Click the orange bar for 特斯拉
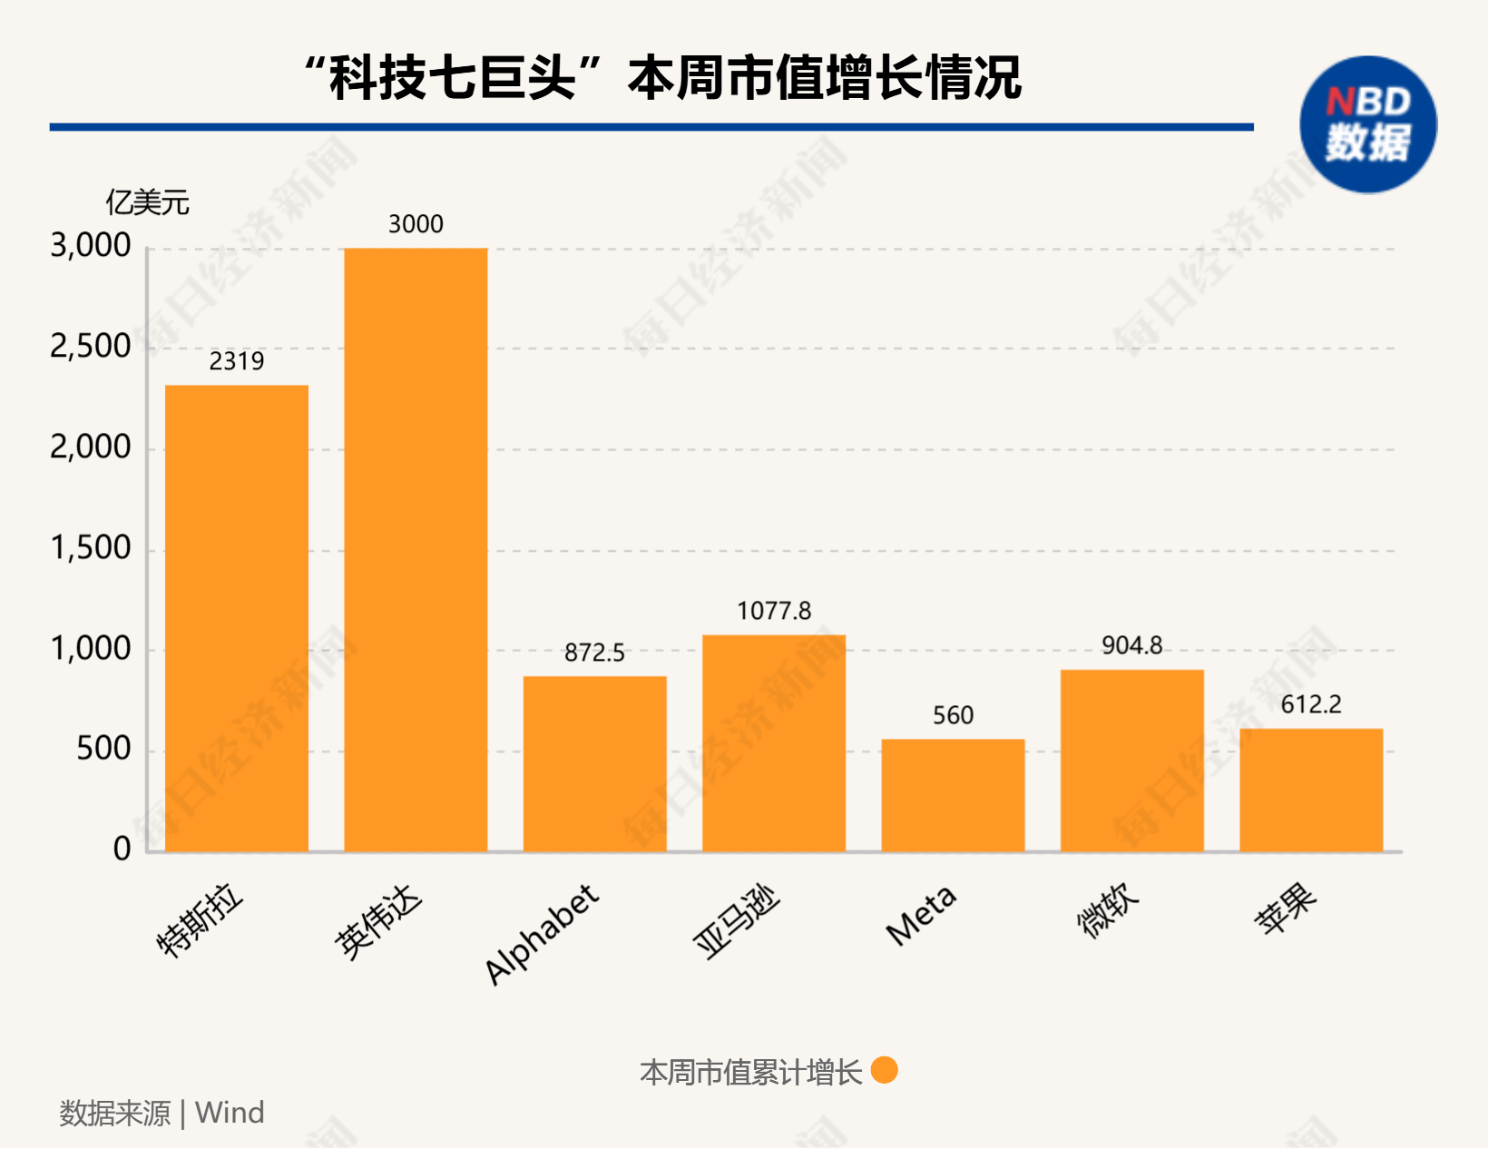[x=236, y=618]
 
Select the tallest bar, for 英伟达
[x=416, y=550]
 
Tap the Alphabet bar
[x=594, y=763]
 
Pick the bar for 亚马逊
[x=773, y=742]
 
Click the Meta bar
[x=953, y=795]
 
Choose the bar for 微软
[x=1131, y=761]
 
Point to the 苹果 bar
[x=1311, y=790]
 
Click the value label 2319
[x=236, y=361]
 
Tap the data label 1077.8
[x=773, y=611]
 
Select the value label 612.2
[x=1311, y=704]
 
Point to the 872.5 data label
[x=594, y=653]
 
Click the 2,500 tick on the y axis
[x=91, y=347]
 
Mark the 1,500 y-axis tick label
[x=91, y=548]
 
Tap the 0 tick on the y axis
[x=122, y=849]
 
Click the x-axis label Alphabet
[x=542, y=934]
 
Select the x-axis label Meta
[x=921, y=915]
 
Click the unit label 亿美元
[x=147, y=202]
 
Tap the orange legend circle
[x=884, y=1071]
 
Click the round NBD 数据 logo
[x=1367, y=124]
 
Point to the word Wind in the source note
[x=230, y=1113]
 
